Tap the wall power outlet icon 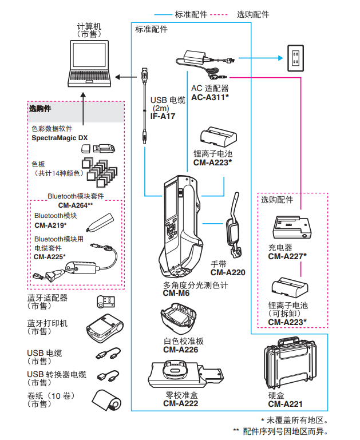point(295,57)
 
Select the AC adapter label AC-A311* point(210,98)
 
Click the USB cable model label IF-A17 point(155,116)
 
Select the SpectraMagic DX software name point(60,138)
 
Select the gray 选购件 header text point(40,108)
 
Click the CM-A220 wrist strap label point(227,272)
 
